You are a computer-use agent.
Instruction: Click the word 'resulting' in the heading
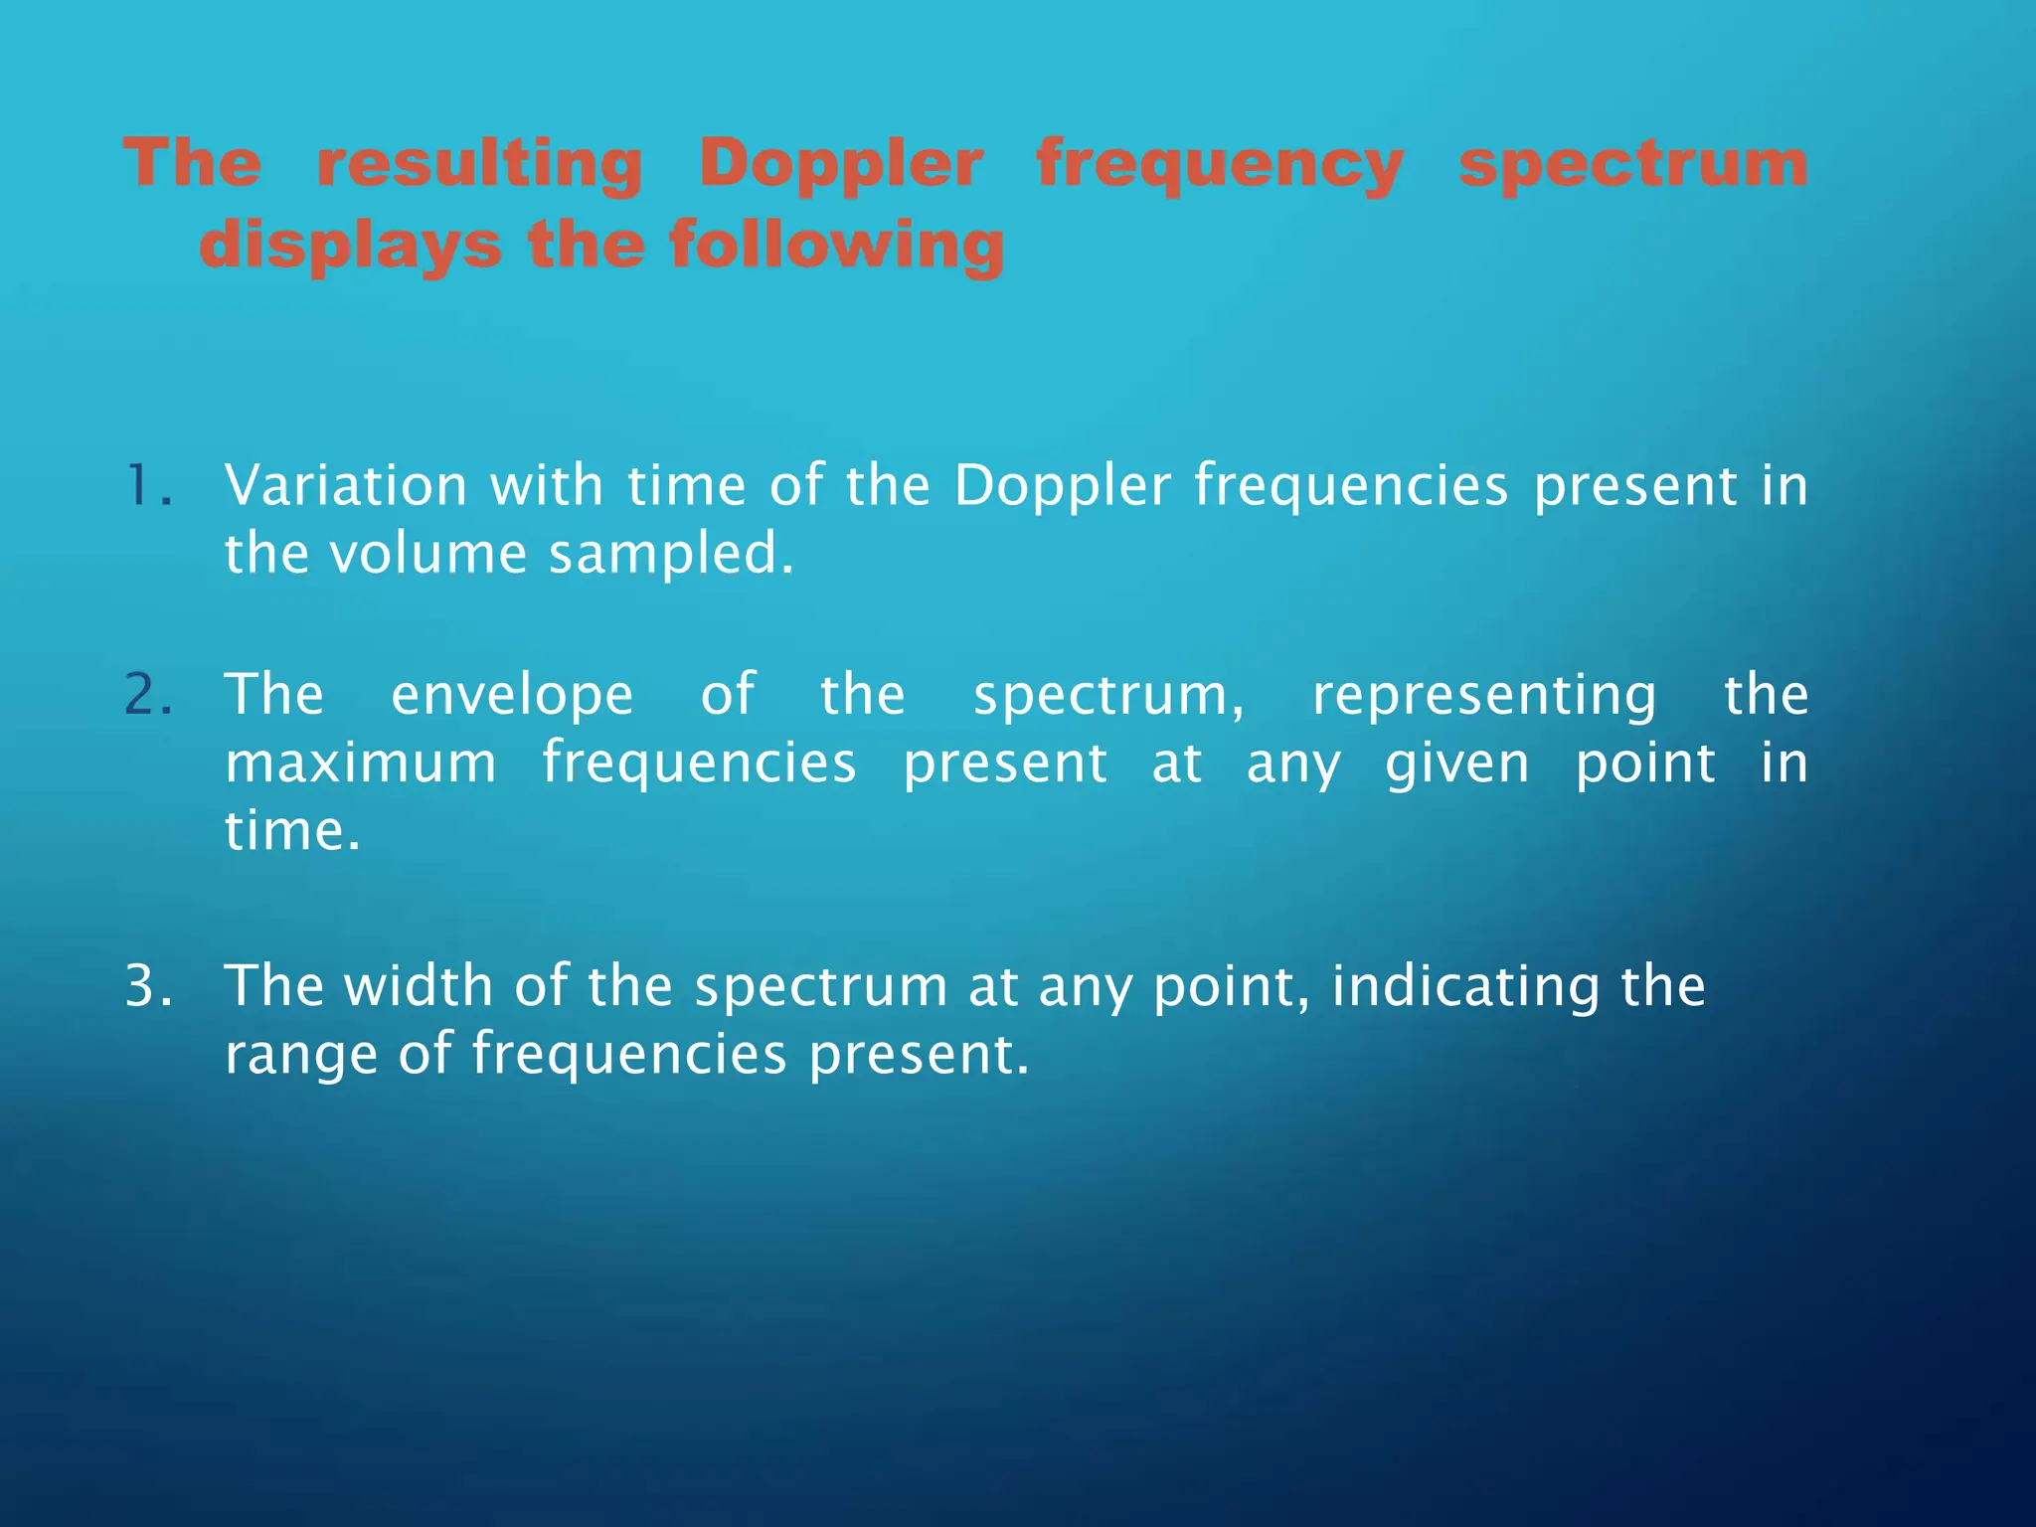tap(479, 164)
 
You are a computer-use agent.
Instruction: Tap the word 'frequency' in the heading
tap(1220, 164)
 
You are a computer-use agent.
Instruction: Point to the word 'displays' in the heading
tap(350, 246)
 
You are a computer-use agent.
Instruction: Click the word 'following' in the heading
tap(836, 246)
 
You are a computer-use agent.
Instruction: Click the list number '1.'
tap(149, 486)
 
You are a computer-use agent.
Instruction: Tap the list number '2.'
tap(149, 695)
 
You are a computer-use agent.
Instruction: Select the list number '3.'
tap(149, 986)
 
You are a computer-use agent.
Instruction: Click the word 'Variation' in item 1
tap(346, 486)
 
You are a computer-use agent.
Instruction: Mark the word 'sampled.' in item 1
tap(671, 554)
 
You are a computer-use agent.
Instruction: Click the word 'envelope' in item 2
tap(512, 695)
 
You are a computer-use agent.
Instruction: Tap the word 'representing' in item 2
tap(1484, 695)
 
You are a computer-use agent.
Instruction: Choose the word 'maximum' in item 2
tap(361, 763)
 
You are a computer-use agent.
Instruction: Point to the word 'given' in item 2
tap(1456, 765)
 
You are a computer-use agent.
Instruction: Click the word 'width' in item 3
tap(418, 986)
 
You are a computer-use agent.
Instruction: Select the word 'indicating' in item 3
tap(1465, 986)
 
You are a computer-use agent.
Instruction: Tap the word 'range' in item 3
tap(301, 1056)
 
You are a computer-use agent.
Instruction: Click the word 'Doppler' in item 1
tap(1062, 486)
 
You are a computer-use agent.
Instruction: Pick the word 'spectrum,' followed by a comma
tap(1107, 697)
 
